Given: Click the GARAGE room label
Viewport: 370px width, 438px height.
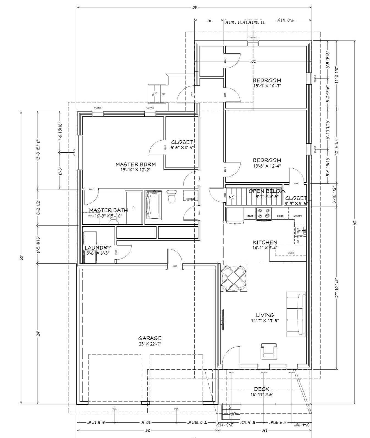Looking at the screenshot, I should point(150,338).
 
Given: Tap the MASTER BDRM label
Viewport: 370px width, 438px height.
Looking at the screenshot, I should point(136,164).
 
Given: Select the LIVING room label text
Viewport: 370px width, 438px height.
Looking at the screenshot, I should point(265,315).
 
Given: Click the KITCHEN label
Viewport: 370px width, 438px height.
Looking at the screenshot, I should point(265,242).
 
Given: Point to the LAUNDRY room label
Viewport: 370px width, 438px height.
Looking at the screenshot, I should point(98,248).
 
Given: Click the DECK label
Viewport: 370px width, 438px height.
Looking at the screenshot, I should point(261,389).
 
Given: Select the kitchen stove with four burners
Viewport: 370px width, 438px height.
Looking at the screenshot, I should point(264,214).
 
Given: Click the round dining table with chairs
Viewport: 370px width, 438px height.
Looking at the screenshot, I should point(234,278).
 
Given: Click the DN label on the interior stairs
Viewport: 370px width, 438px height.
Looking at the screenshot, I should point(231,197).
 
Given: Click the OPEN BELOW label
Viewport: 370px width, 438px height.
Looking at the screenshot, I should point(267,191).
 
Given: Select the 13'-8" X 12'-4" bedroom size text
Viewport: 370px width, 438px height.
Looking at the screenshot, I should point(267,166).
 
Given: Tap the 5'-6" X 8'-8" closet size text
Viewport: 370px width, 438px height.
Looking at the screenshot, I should point(182,147).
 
